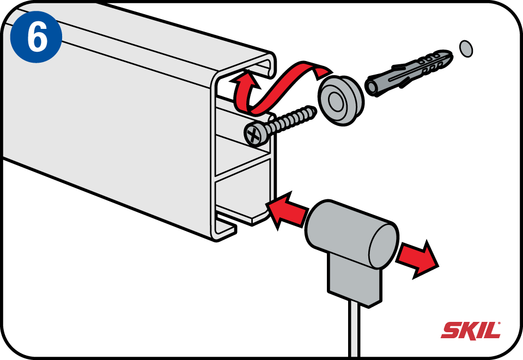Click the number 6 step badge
pos(36,36)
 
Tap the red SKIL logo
pos(470,331)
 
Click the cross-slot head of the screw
pos(255,135)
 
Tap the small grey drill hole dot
pos(466,48)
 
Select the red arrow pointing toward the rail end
pos(288,210)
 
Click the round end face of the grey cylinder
pos(384,245)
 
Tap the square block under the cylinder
pos(354,280)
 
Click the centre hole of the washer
pos(336,101)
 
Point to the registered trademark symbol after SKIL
pos(499,323)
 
